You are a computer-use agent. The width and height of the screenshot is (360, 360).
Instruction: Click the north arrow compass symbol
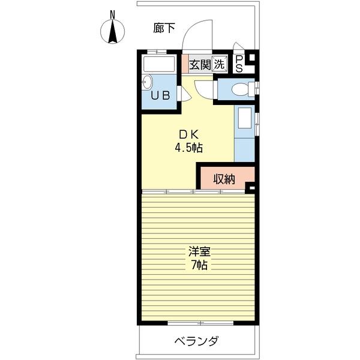click(x=113, y=31)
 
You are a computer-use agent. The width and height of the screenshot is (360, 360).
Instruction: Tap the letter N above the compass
click(x=112, y=15)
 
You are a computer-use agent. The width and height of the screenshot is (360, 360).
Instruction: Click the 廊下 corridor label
click(x=164, y=28)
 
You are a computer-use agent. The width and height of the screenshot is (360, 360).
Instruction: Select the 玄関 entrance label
click(x=200, y=64)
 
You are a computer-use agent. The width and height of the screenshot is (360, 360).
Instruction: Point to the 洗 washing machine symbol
click(x=219, y=64)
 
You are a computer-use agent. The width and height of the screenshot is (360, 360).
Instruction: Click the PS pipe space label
click(x=239, y=64)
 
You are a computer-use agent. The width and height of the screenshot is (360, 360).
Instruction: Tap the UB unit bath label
click(x=160, y=95)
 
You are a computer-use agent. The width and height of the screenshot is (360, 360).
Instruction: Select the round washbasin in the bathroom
click(x=148, y=82)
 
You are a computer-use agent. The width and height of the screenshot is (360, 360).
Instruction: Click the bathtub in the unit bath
click(x=159, y=64)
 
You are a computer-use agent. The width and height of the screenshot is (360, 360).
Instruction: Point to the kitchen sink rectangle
click(x=245, y=118)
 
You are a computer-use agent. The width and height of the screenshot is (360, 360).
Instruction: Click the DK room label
click(x=189, y=135)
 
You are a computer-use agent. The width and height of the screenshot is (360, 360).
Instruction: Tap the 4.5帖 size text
click(x=189, y=148)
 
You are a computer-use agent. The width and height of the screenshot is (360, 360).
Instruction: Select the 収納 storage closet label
click(x=224, y=179)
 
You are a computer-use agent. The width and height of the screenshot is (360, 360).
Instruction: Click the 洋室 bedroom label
click(x=200, y=251)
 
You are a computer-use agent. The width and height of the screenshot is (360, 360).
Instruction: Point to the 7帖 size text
click(x=200, y=265)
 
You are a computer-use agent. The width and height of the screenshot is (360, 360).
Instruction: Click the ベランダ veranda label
click(x=197, y=341)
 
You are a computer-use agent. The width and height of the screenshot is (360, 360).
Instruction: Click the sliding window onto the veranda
click(x=200, y=323)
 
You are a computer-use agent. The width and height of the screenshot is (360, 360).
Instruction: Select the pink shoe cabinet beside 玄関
click(x=185, y=64)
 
